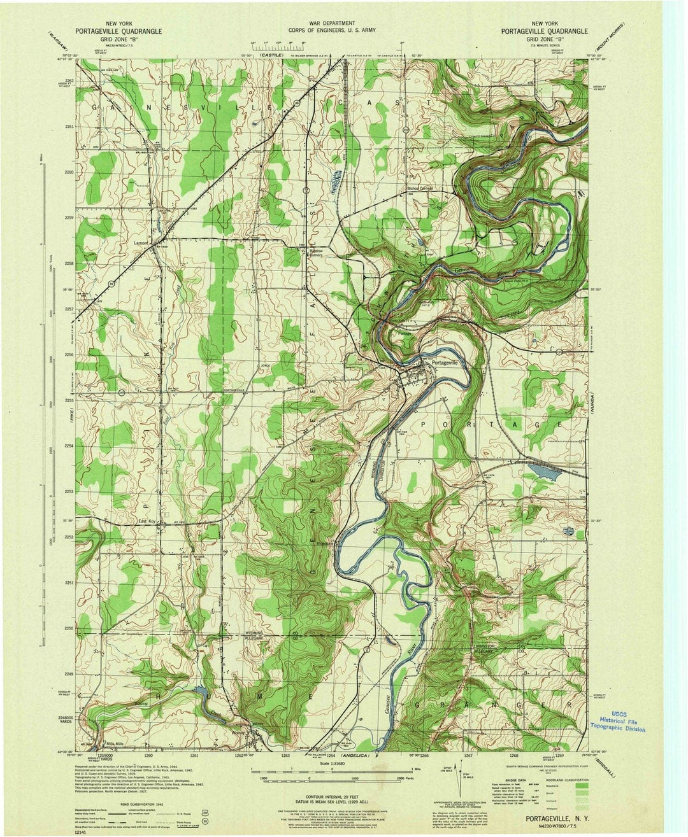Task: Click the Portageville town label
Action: tap(445, 362)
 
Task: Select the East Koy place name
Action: tap(148, 522)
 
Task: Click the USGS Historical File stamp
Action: tap(617, 720)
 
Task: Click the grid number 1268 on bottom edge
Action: tap(513, 756)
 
